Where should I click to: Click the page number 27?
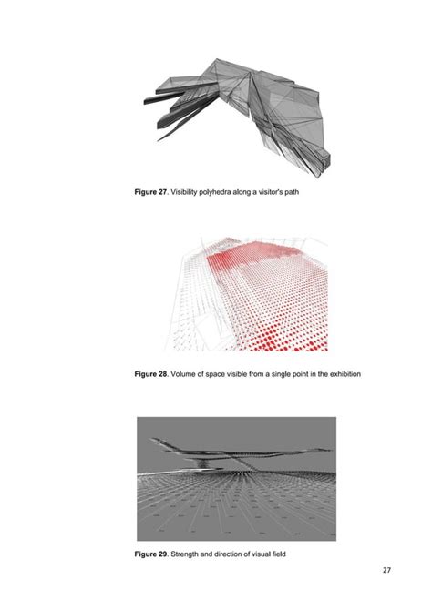[x=387, y=571]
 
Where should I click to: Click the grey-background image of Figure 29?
[x=235, y=478]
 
